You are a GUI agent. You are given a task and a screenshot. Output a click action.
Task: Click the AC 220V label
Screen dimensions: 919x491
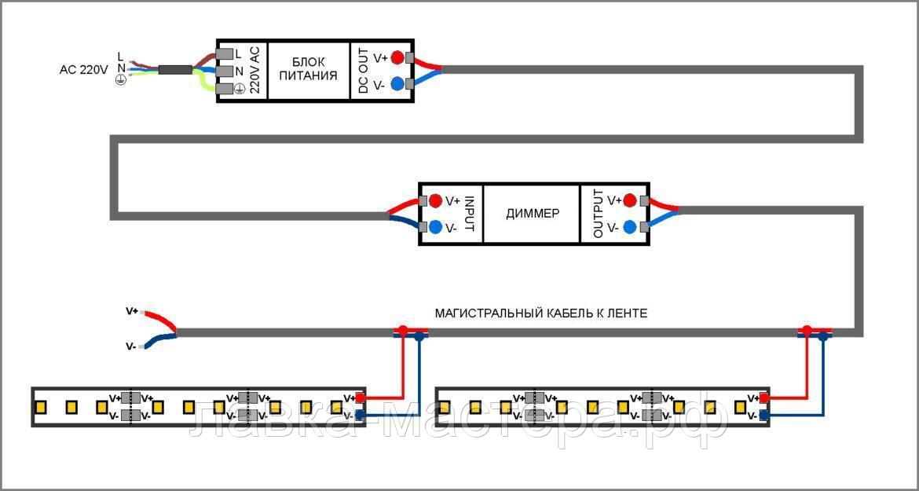[x=83, y=70]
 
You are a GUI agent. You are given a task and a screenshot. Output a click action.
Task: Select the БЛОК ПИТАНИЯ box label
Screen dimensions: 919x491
[x=308, y=68]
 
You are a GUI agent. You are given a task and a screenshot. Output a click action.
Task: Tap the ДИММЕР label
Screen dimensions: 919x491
[x=533, y=213]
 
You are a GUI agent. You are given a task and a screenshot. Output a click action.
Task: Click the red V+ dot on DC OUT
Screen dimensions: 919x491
[x=397, y=57]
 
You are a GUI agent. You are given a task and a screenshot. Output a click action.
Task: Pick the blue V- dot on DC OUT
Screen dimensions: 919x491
[x=397, y=84]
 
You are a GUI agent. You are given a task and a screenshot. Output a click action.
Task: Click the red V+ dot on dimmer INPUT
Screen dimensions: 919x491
[x=435, y=200]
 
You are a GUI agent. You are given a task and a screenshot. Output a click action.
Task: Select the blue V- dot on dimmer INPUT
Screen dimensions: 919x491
[x=435, y=227]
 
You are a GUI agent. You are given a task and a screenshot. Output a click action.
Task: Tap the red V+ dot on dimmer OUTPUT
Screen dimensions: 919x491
[x=629, y=200]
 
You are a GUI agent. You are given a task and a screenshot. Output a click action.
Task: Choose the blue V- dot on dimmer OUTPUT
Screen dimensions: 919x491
[x=629, y=227]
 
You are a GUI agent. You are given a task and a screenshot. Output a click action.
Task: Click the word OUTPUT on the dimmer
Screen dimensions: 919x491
[x=598, y=213]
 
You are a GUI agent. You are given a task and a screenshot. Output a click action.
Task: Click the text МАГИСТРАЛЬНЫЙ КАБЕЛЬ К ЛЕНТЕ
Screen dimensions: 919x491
[x=541, y=313]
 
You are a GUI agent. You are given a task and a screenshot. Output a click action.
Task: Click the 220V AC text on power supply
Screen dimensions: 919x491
[x=254, y=69]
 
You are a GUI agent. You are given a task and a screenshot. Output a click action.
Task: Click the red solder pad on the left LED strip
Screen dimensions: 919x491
[x=361, y=398]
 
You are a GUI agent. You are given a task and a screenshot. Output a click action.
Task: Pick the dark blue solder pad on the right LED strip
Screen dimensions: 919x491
[x=763, y=416]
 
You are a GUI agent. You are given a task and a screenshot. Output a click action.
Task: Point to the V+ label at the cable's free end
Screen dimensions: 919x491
[x=132, y=310]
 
